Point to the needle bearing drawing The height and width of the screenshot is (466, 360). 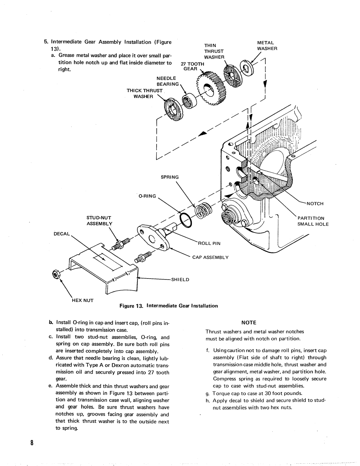pyautogui.click(x=189, y=100)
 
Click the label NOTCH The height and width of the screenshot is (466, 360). pyautogui.click(x=315, y=203)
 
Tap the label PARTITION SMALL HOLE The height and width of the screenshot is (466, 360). pyautogui.click(x=313, y=221)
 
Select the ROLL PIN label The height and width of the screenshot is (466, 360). pyautogui.click(x=209, y=244)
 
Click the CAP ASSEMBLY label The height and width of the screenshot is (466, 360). pyautogui.click(x=210, y=257)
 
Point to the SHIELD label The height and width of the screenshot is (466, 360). pyautogui.click(x=180, y=280)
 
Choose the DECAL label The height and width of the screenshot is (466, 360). pyautogui.click(x=62, y=234)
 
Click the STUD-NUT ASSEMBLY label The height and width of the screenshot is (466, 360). pyautogui.click(x=99, y=221)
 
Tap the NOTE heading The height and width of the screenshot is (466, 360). pyautogui.click(x=249, y=323)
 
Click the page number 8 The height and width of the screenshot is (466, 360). pyautogui.click(x=32, y=443)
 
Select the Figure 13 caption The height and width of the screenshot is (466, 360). pyautogui.click(x=169, y=306)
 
